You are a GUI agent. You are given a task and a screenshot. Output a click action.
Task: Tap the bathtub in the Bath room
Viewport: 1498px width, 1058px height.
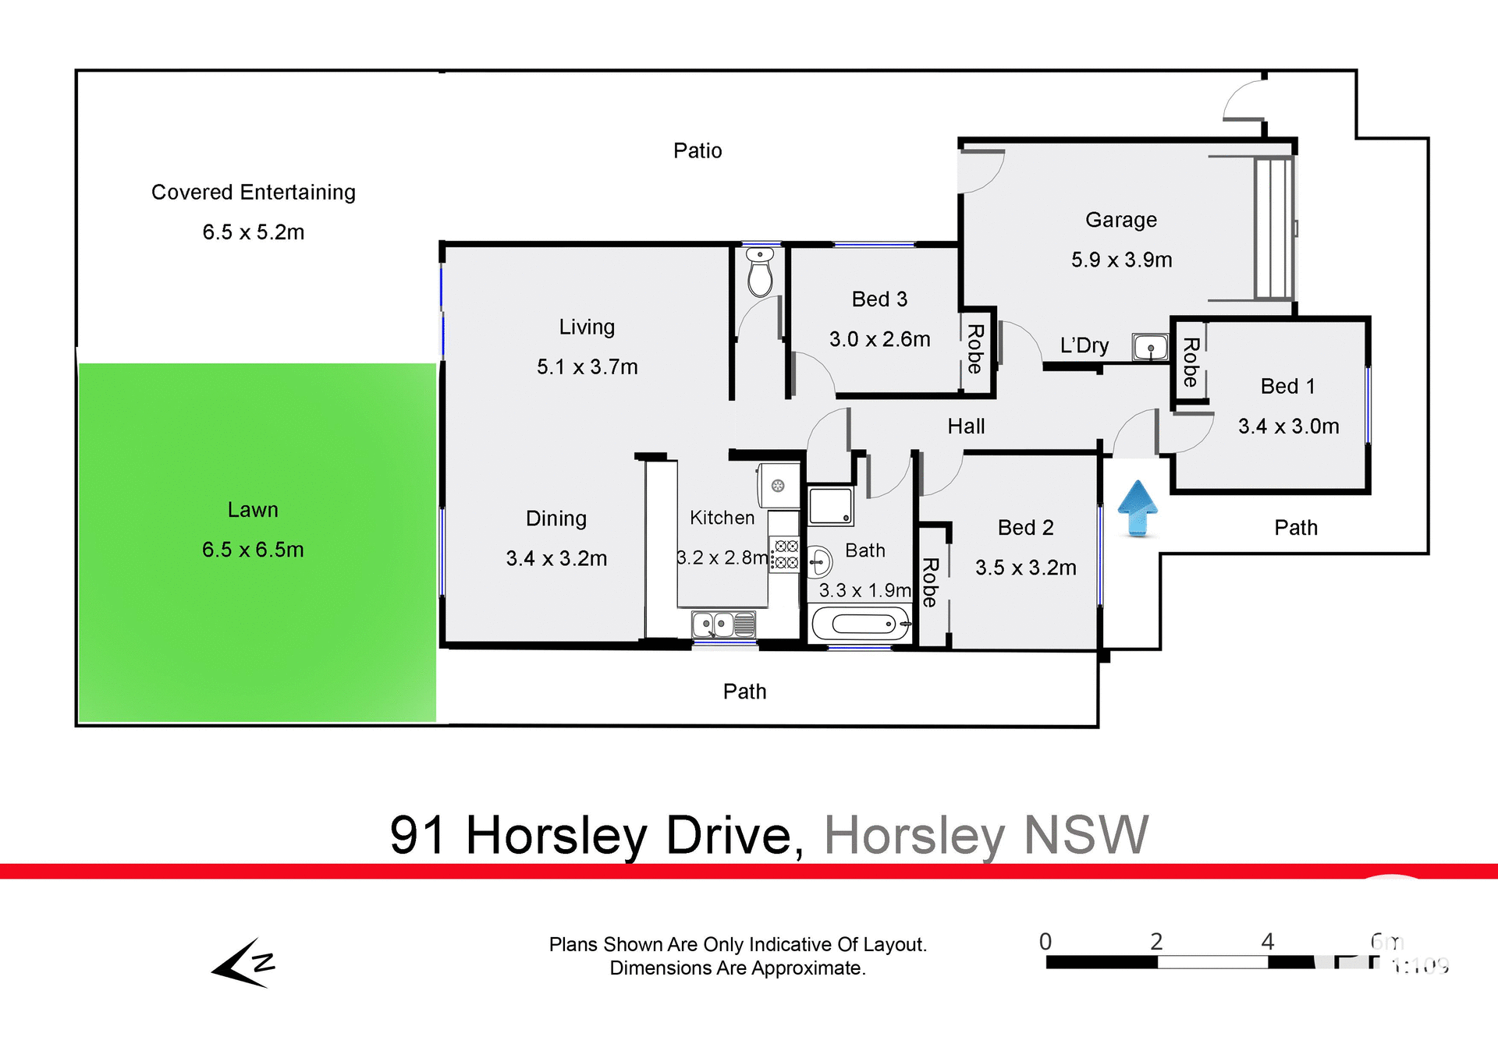tap(861, 624)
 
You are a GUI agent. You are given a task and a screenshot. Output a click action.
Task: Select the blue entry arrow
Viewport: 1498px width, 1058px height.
tap(1138, 508)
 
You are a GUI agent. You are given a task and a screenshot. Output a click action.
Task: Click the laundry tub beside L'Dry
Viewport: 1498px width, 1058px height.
tap(1150, 347)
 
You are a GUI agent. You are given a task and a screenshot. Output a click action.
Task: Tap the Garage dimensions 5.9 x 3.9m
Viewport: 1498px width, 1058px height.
tap(1121, 260)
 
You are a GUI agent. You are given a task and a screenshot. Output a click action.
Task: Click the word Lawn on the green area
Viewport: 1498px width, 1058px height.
tap(253, 510)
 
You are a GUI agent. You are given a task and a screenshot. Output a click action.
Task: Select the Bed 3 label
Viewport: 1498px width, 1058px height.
tap(879, 299)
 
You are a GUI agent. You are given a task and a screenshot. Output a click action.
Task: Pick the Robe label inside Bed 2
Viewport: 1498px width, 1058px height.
tap(930, 582)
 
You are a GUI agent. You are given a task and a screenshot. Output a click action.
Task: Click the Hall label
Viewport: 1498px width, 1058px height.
tap(966, 426)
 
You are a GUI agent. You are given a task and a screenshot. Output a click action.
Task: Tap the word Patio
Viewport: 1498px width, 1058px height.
tap(698, 150)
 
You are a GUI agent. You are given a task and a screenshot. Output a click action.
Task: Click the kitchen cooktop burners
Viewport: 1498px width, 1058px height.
tap(785, 554)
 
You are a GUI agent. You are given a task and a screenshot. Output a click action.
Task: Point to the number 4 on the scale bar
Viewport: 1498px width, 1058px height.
tap(1268, 942)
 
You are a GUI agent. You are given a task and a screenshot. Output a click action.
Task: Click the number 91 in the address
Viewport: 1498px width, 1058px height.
tap(417, 836)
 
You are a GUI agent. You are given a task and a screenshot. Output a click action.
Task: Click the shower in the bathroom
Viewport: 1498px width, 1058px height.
tap(830, 506)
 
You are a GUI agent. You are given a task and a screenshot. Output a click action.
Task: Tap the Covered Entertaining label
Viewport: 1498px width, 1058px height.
tap(253, 193)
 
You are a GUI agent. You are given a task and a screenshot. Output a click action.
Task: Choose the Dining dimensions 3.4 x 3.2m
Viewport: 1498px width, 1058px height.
tap(556, 558)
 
